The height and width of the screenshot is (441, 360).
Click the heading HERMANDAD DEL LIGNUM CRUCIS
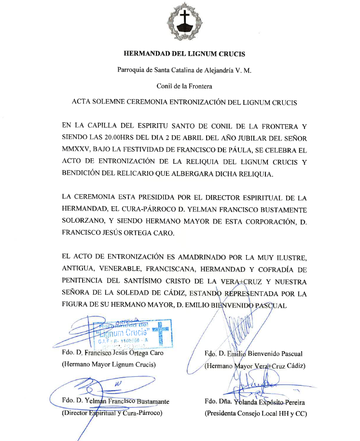coord(184,54)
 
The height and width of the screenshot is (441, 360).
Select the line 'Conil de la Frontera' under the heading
coord(184,86)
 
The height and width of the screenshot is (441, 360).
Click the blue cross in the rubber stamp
coord(161,333)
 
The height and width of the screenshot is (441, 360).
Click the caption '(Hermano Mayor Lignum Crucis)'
coord(109,365)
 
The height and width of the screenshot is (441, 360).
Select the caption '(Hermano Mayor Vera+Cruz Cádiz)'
coord(255,366)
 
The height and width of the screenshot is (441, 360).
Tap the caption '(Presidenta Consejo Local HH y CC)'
coord(256,413)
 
